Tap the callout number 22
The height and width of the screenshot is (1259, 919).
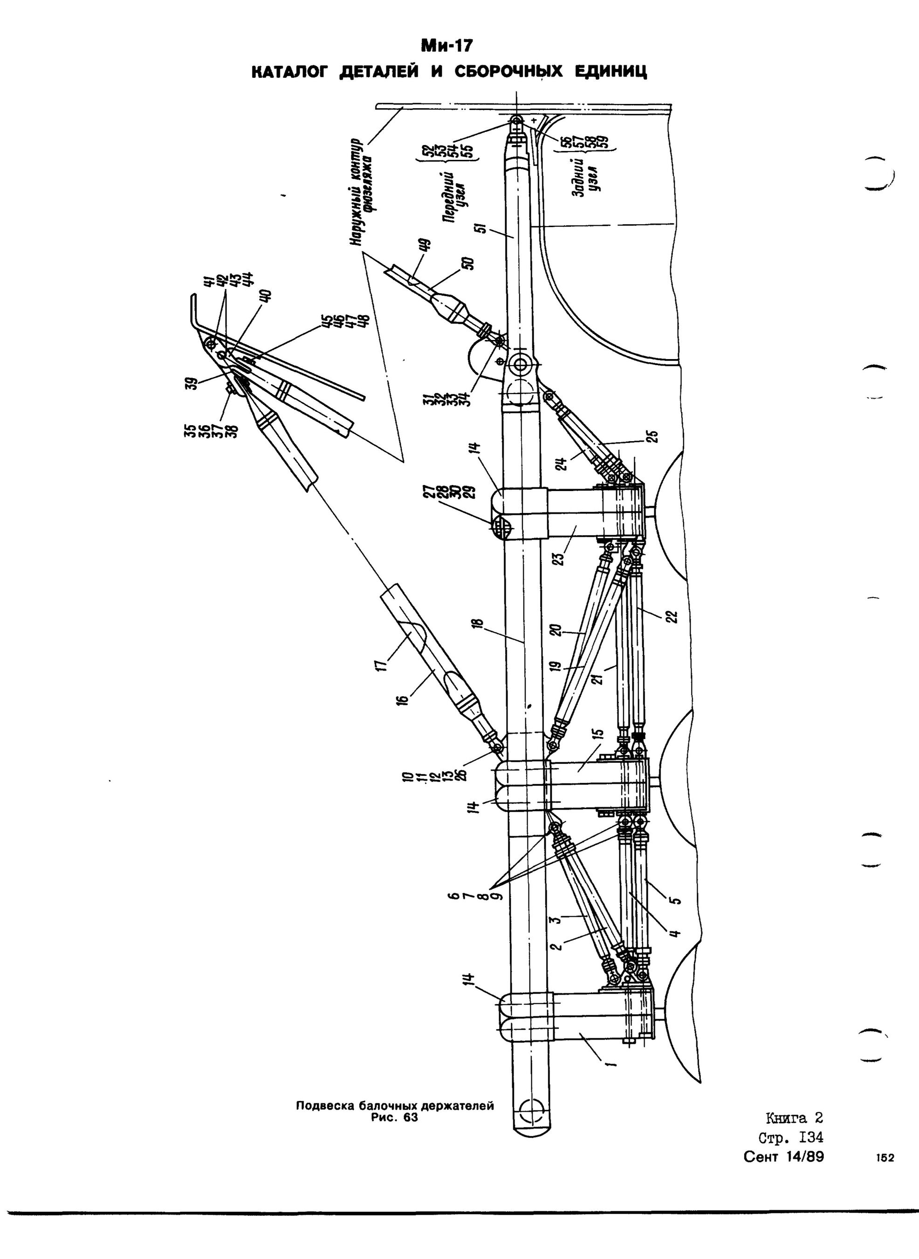(673, 616)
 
